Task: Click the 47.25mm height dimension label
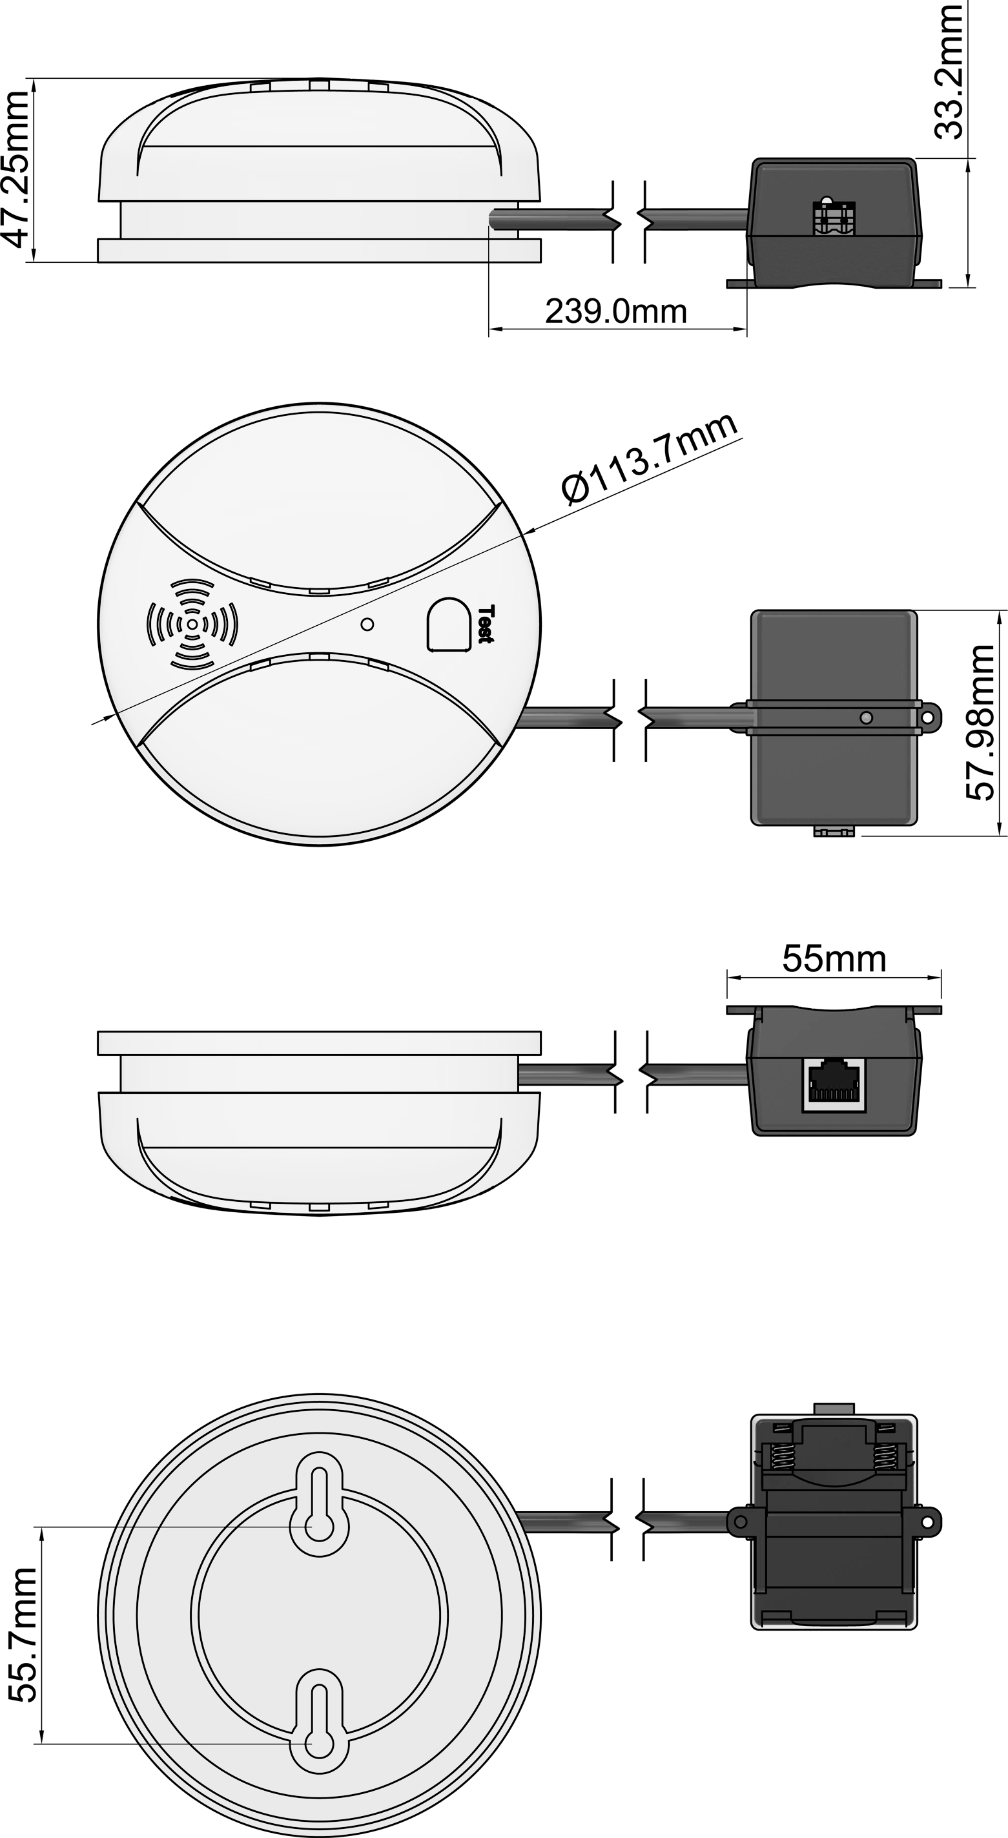click(x=17, y=170)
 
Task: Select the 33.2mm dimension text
click(x=949, y=71)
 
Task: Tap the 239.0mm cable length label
click(x=616, y=312)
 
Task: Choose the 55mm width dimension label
click(x=834, y=959)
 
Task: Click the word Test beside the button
click(x=485, y=625)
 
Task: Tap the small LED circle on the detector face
click(x=367, y=625)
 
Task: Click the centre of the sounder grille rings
click(x=192, y=625)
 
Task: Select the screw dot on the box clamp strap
click(x=866, y=717)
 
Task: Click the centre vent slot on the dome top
click(x=319, y=85)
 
